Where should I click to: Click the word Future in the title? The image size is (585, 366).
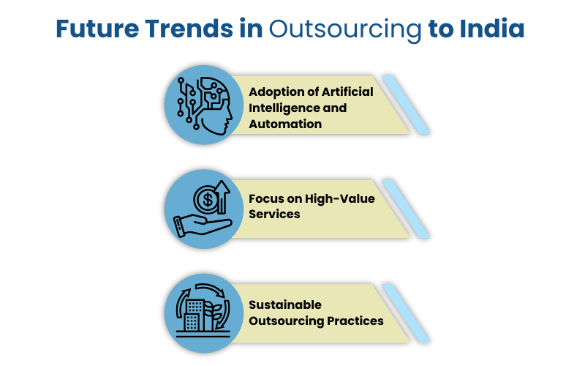(97, 29)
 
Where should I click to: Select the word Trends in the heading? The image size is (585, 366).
(189, 29)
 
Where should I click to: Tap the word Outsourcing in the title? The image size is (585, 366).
(345, 30)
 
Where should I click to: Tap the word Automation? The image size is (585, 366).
(285, 124)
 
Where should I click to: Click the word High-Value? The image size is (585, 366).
(340, 198)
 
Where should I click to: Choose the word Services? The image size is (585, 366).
(275, 214)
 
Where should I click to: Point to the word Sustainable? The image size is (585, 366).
(285, 305)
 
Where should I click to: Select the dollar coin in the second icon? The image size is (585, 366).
(207, 200)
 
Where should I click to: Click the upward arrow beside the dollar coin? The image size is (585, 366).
(222, 197)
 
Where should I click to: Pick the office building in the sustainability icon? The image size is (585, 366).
(195, 315)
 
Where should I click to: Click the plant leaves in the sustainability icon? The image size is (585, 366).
(213, 311)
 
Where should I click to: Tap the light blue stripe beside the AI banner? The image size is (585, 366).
(406, 105)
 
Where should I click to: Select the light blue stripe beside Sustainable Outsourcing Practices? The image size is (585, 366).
(406, 313)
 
